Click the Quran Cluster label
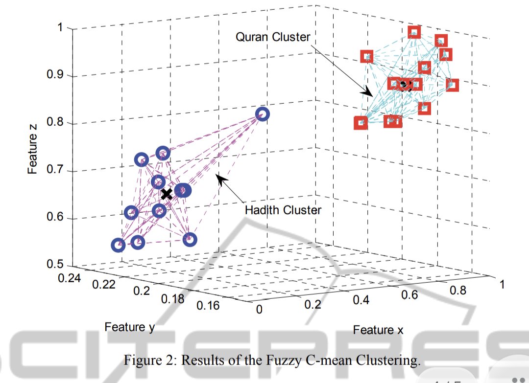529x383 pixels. click(273, 37)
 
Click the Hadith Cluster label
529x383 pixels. click(283, 210)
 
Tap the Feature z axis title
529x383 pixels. click(32, 149)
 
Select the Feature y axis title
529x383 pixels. click(129, 327)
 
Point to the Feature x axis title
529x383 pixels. click(378, 330)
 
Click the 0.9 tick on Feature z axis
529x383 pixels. click(55, 74)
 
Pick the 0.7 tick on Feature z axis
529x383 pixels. click(55, 169)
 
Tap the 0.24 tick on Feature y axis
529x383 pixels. click(69, 278)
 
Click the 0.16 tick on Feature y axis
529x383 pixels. click(208, 306)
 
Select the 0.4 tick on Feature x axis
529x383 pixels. click(361, 300)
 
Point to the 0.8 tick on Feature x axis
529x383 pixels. click(458, 290)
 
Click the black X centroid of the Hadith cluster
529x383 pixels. click(167, 194)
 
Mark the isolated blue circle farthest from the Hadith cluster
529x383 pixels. click(262, 114)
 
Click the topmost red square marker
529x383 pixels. click(414, 32)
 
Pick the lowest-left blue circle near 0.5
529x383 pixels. click(118, 246)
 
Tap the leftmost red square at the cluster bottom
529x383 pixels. click(361, 123)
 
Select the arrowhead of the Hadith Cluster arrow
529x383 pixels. click(221, 180)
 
